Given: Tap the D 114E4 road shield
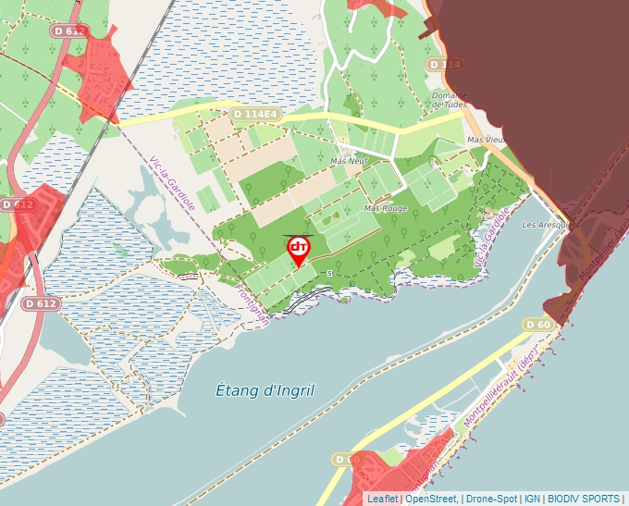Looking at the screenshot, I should [254, 114].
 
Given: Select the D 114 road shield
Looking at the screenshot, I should [445, 64].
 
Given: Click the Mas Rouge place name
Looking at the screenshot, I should [386, 209].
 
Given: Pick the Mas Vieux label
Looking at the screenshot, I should [487, 140].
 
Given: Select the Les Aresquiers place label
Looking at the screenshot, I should [543, 225].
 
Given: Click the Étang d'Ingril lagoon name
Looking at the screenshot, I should [265, 391].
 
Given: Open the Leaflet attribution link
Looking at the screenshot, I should [382, 499].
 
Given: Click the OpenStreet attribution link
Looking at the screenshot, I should [431, 499].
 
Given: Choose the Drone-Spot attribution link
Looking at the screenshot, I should [491, 499].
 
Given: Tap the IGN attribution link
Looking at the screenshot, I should [532, 499].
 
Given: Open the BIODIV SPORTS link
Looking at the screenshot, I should [582, 499].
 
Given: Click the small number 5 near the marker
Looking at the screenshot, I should [330, 273].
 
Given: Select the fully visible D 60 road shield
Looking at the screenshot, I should [538, 324].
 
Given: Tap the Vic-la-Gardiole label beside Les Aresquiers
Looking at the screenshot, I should [491, 240].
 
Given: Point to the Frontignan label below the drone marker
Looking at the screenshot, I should [253, 304].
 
